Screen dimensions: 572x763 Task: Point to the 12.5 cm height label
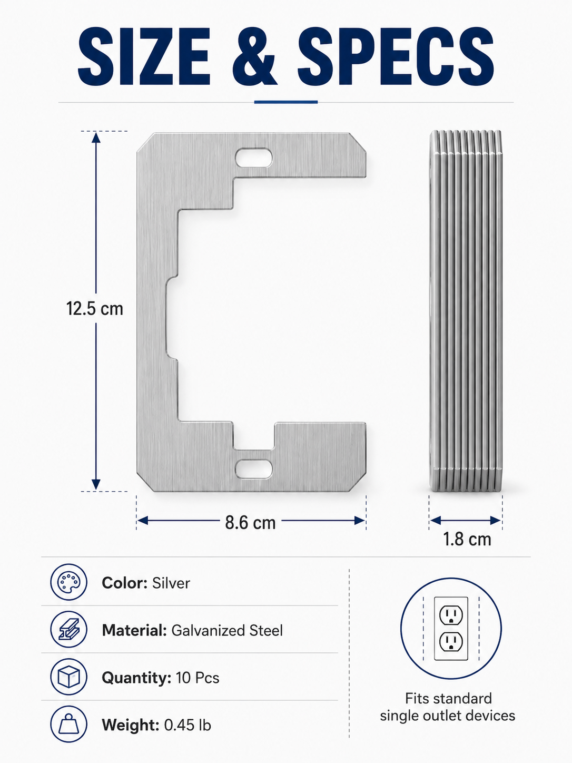[x=94, y=309]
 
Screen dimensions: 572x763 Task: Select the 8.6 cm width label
[x=250, y=523]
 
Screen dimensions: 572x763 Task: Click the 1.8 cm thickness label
[x=467, y=540]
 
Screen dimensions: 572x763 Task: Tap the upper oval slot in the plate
[x=253, y=158]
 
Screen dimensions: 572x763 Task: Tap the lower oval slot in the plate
[x=253, y=468]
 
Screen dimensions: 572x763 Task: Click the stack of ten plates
[x=466, y=311]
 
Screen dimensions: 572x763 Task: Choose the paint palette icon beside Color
[x=69, y=582]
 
